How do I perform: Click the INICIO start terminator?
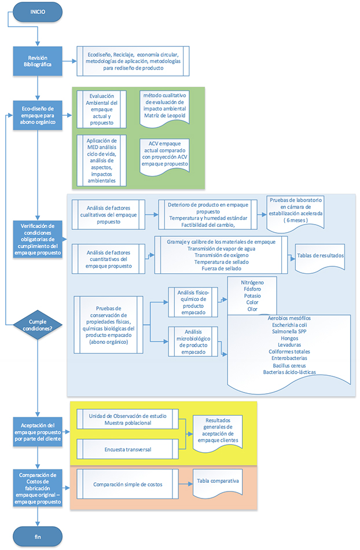tap(37, 10)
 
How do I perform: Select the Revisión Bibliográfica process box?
tap(37, 61)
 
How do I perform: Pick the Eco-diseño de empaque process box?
tap(37, 115)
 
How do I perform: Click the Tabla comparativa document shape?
tap(218, 482)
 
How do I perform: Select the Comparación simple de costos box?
tap(127, 482)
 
